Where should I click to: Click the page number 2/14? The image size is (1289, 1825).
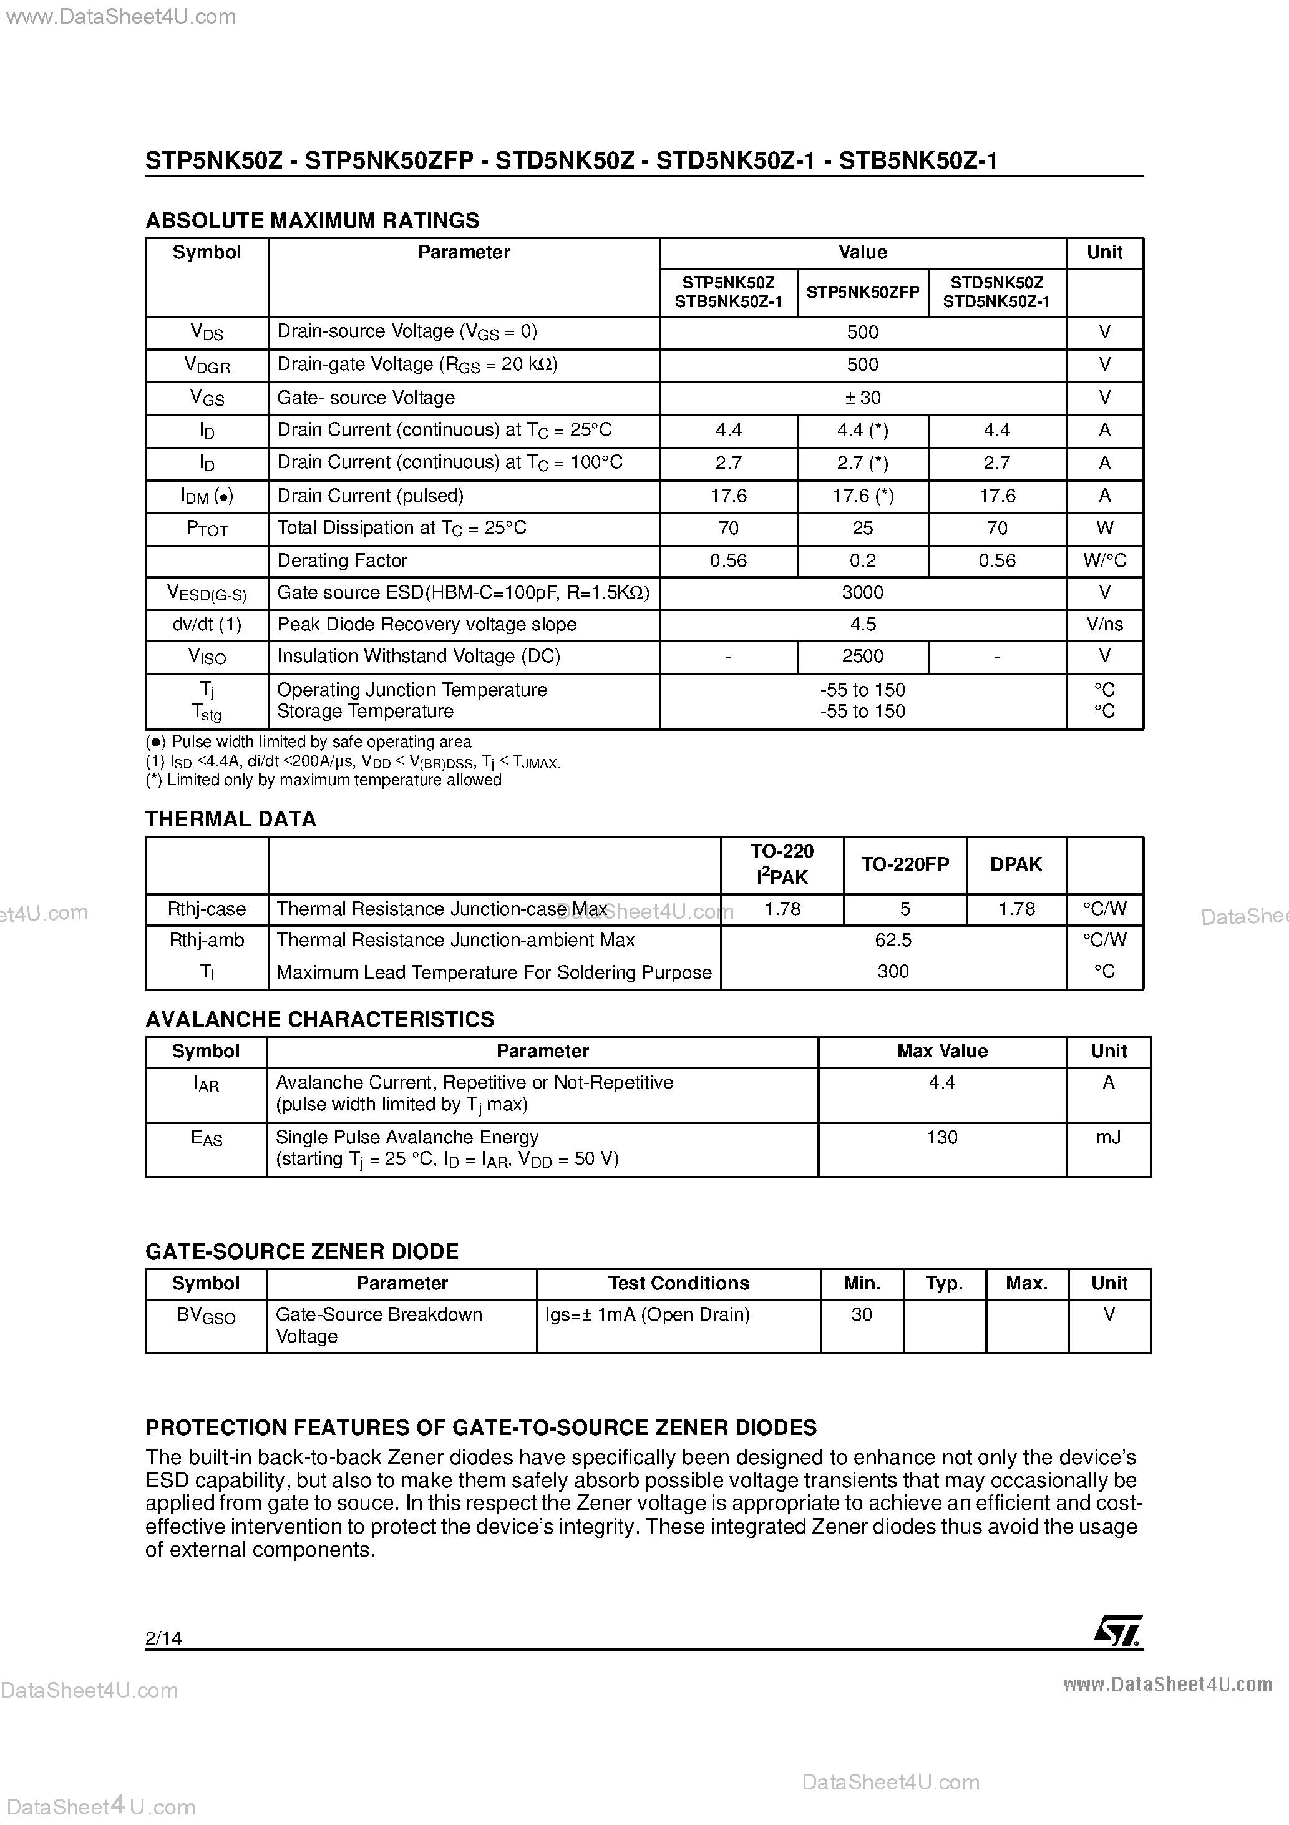pyautogui.click(x=163, y=1637)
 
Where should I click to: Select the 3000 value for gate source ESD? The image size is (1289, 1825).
pyautogui.click(x=862, y=592)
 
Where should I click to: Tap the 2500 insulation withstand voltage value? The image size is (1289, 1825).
pyautogui.click(x=862, y=657)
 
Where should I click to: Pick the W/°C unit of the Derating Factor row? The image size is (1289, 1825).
pyautogui.click(x=1104, y=561)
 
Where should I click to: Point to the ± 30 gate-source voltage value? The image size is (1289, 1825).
pyautogui.click(x=862, y=398)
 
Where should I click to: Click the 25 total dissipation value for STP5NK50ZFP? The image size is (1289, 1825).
pyautogui.click(x=862, y=528)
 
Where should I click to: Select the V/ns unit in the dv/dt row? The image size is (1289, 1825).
pyautogui.click(x=1104, y=625)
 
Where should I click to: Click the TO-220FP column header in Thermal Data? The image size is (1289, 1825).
pyautogui.click(x=905, y=864)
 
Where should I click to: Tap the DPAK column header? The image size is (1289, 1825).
pyautogui.click(x=1016, y=864)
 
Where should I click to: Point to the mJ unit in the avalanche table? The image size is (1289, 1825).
pyautogui.click(x=1108, y=1137)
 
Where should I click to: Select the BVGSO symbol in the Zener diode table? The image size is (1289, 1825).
pyautogui.click(x=206, y=1316)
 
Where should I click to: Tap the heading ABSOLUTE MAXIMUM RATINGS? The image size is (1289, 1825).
pyautogui.click(x=313, y=220)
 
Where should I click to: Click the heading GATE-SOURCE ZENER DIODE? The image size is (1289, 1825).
pyautogui.click(x=302, y=1251)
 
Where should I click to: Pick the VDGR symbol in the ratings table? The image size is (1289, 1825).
pyautogui.click(x=207, y=365)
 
